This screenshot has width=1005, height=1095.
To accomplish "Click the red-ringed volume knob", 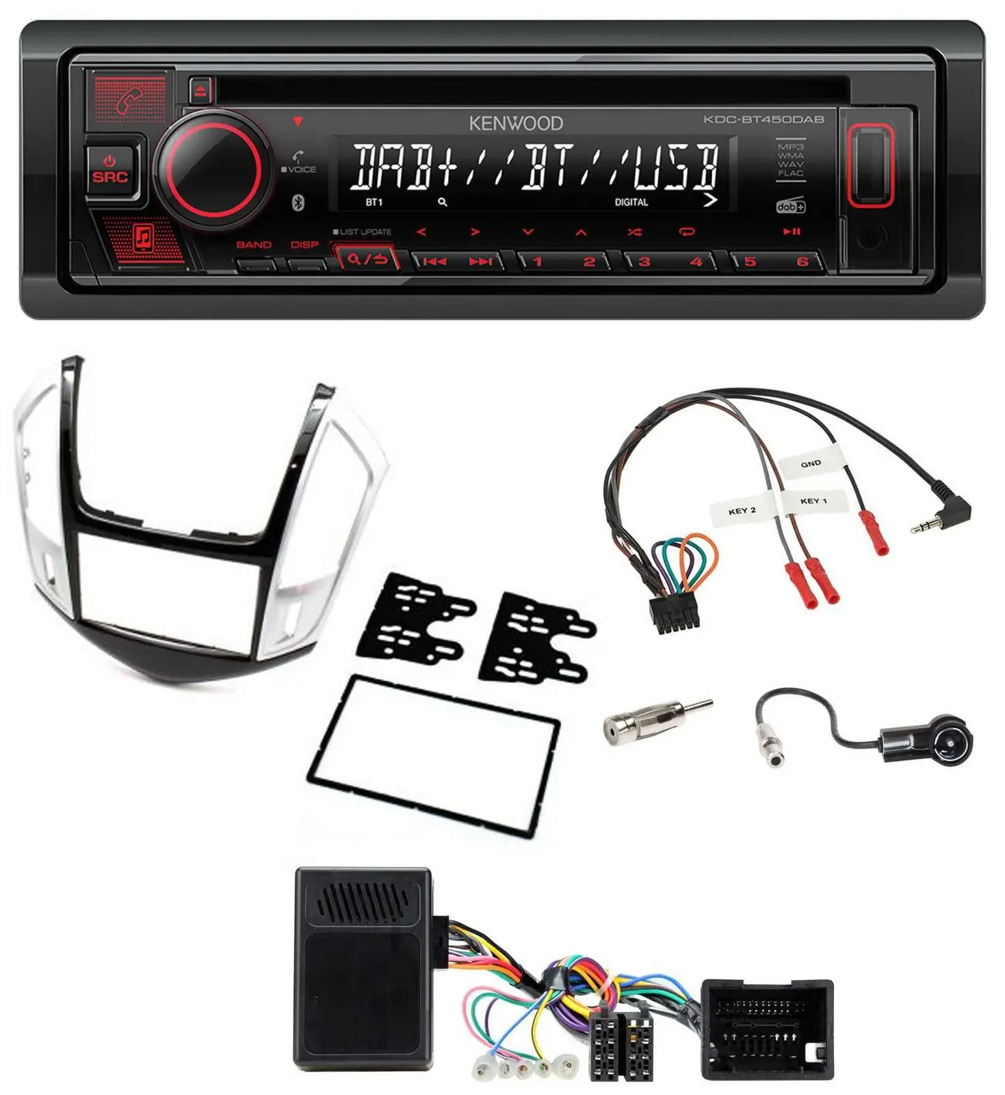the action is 209,168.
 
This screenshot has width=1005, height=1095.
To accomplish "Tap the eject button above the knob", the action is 200,91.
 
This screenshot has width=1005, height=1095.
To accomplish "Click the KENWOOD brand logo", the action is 516,123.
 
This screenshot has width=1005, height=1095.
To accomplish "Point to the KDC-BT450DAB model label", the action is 764,119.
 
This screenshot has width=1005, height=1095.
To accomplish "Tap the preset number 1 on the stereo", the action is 538,261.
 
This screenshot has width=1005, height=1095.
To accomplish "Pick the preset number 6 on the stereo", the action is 802,261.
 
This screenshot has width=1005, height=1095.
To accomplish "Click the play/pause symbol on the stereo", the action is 792,232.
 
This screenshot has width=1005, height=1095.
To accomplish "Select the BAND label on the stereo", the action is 254,245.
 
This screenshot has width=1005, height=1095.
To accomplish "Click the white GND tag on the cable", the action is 810,464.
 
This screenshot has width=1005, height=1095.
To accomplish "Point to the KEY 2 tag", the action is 742,511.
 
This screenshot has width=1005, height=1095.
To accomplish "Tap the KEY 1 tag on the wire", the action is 813,501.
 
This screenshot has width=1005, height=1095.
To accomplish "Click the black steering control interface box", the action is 363,968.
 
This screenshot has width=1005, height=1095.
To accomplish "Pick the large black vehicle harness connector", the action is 768,1029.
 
